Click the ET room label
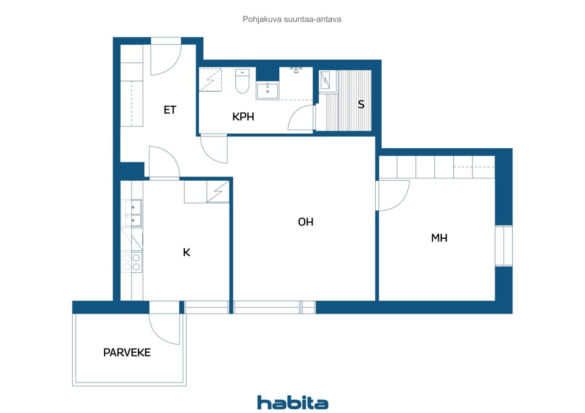click(x=170, y=110)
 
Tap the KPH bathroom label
click(x=243, y=116)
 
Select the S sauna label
click(x=361, y=105)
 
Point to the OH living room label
click(x=306, y=222)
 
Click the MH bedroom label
click(x=439, y=238)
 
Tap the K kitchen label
click(x=186, y=252)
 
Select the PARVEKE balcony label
click(x=127, y=352)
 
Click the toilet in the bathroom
click(x=242, y=81)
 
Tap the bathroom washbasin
click(x=267, y=90)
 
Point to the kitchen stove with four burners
click(x=132, y=262)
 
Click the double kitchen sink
click(x=132, y=213)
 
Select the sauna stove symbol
click(x=325, y=80)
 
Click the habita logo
click(x=293, y=403)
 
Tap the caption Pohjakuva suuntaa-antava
click(x=292, y=19)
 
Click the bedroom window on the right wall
click(x=504, y=246)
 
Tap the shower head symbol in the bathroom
click(x=296, y=70)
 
